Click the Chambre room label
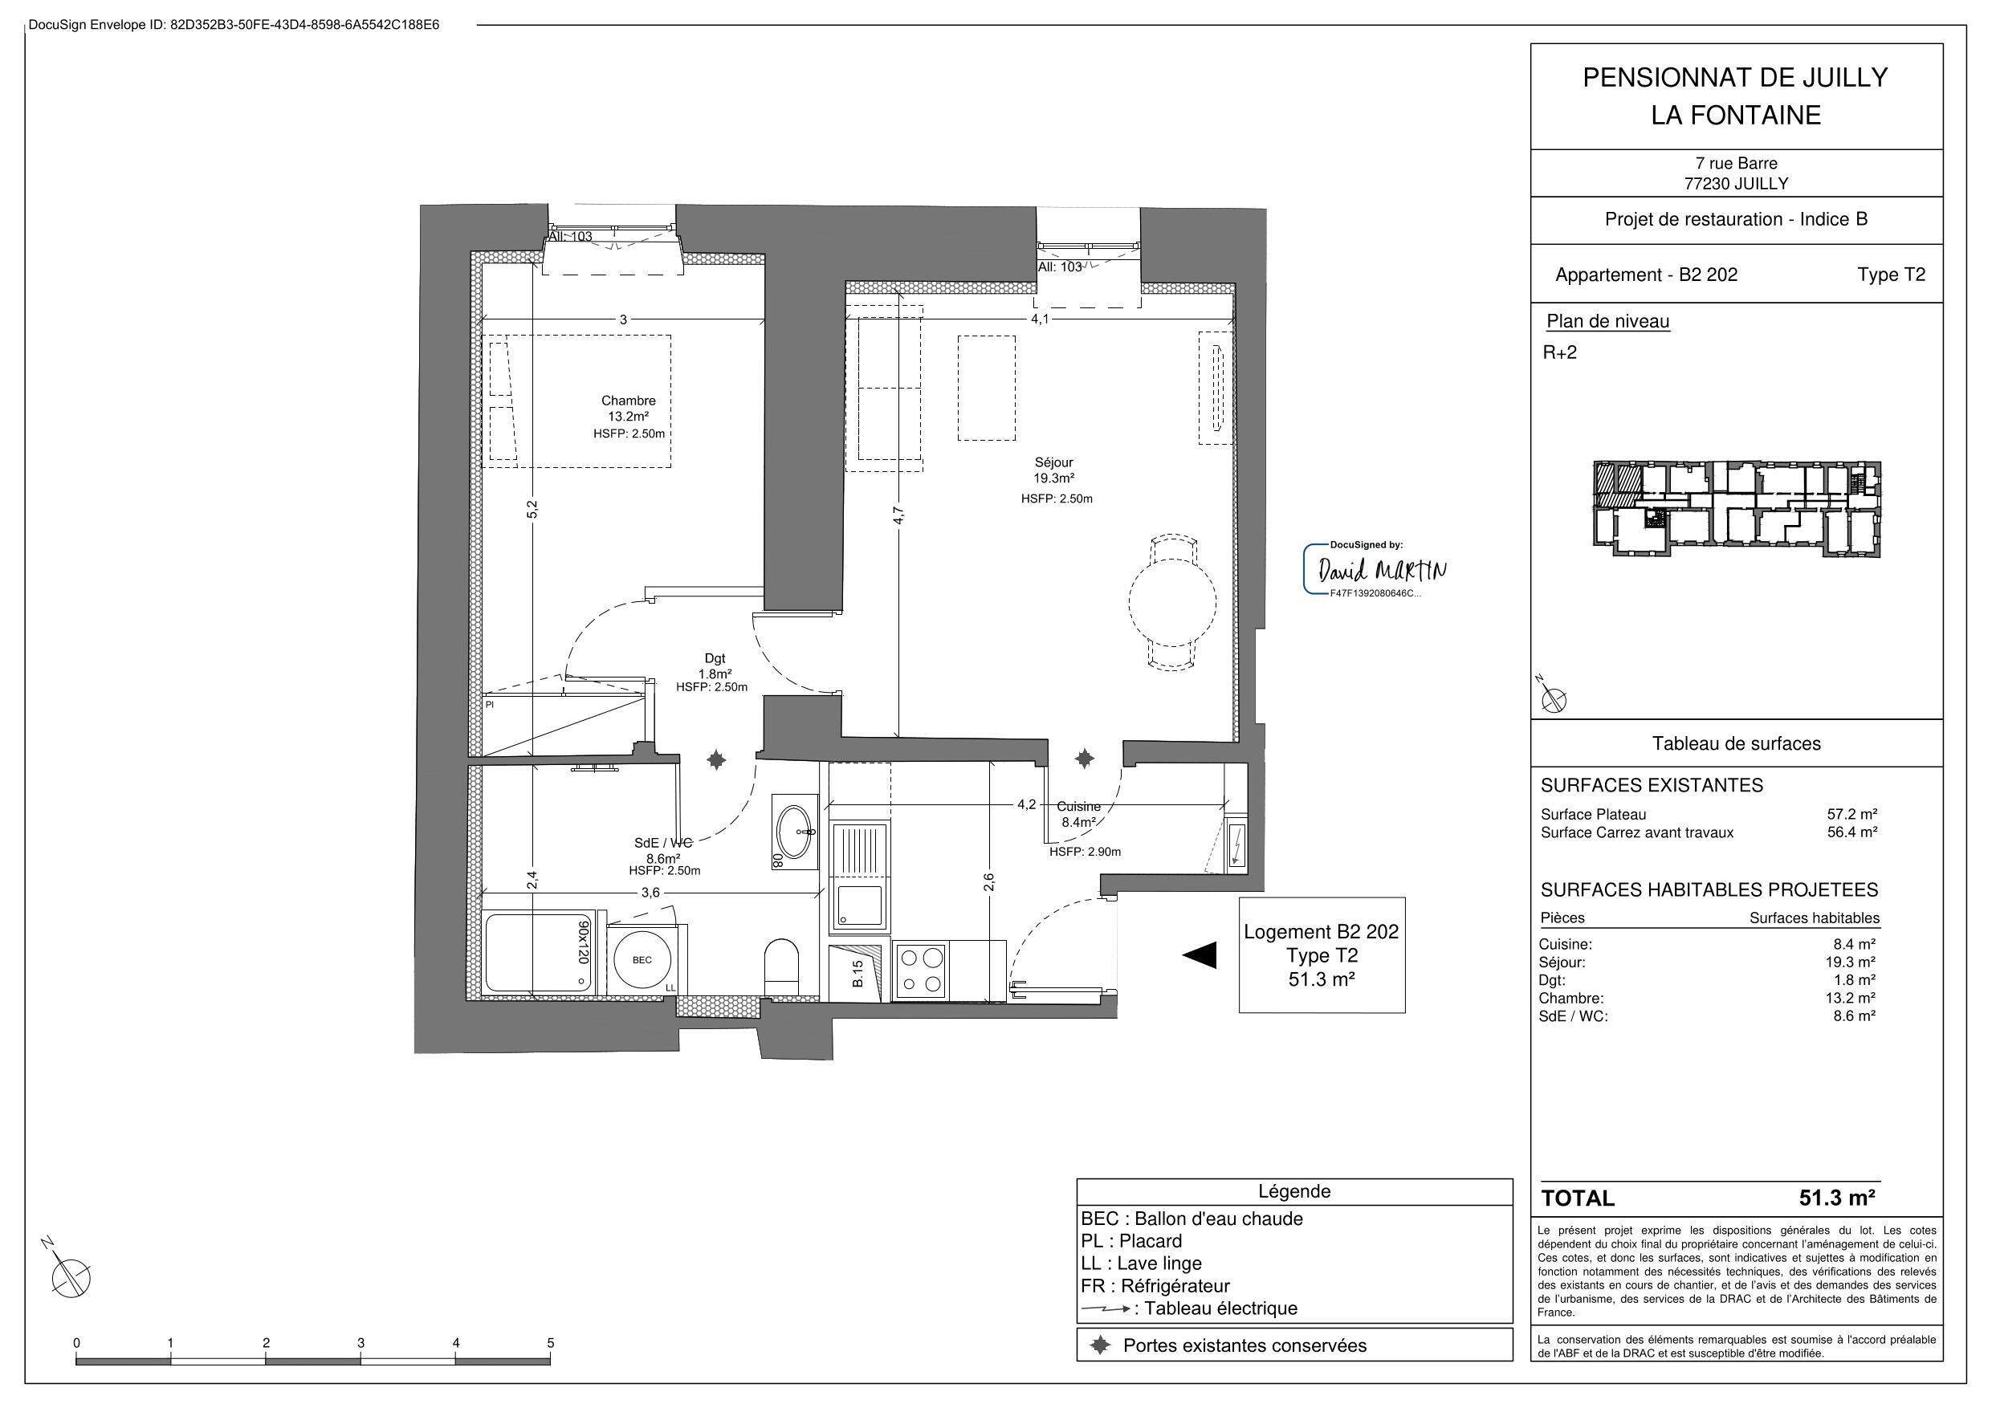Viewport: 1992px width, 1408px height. pyautogui.click(x=628, y=401)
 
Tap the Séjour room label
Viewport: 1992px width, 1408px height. pyautogui.click(x=1053, y=463)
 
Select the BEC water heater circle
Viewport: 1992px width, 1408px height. pyautogui.click(x=642, y=960)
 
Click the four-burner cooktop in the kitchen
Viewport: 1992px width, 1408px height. pyautogui.click(x=922, y=971)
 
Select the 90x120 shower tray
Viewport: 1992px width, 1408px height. pyautogui.click(x=539, y=953)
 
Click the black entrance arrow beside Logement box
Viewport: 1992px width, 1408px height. pyautogui.click(x=1199, y=955)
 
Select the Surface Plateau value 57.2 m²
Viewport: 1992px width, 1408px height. pyautogui.click(x=1851, y=815)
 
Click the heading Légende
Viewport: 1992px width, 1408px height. pyautogui.click(x=1293, y=1191)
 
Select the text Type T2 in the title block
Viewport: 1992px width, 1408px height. pyautogui.click(x=1892, y=275)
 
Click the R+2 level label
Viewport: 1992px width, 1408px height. pyautogui.click(x=1560, y=352)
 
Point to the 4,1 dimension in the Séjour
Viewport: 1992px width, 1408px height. pyautogui.click(x=1040, y=319)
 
